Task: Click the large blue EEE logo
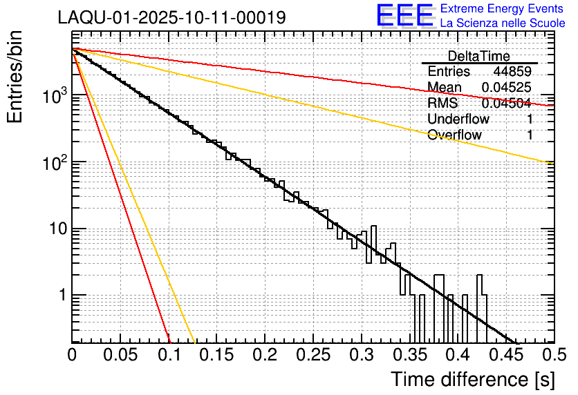(x=404, y=16)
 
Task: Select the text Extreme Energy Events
(x=503, y=9)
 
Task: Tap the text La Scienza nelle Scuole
(x=503, y=23)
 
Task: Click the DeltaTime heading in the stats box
(x=479, y=56)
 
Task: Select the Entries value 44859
(x=512, y=72)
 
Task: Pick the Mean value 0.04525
(x=507, y=88)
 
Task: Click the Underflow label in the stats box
(x=458, y=119)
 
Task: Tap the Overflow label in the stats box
(x=454, y=135)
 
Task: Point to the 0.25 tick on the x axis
(x=313, y=354)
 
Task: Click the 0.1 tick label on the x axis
(x=169, y=354)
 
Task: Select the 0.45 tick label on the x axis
(x=505, y=354)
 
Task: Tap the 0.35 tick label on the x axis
(x=409, y=354)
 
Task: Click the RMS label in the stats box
(x=442, y=104)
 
